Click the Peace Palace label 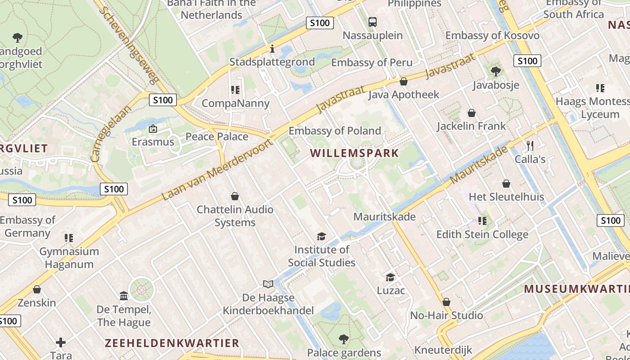tap(217, 136)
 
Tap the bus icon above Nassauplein tap(373, 22)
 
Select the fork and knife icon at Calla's tap(530, 145)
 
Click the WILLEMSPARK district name tap(355, 153)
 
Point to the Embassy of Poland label tap(335, 131)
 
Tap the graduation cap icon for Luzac tap(390, 277)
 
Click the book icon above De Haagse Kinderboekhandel tap(268, 284)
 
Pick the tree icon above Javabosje tap(496, 72)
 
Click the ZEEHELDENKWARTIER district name tap(172, 343)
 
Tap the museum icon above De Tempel tap(124, 296)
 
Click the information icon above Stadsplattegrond tap(272, 49)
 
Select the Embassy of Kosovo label tap(492, 36)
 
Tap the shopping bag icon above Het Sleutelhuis tap(506, 184)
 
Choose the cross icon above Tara tap(61, 342)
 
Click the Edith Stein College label tap(482, 234)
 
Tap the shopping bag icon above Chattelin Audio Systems tap(234, 196)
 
